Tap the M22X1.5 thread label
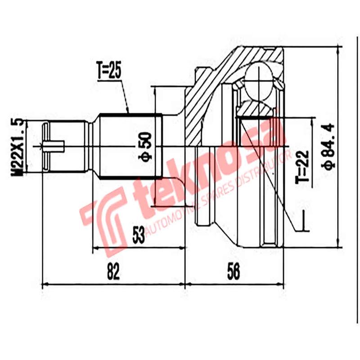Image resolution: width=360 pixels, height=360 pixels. (x=18, y=146)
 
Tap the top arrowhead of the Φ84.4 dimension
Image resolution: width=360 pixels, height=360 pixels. (x=338, y=48)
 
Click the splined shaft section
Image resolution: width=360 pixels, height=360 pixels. (x=130, y=146)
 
